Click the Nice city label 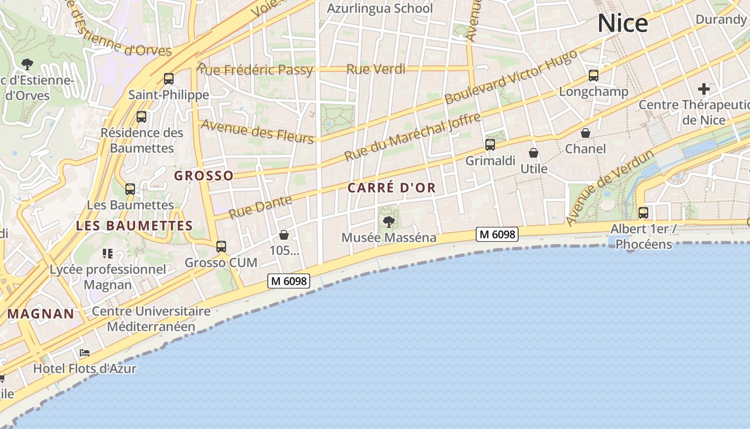click(x=622, y=23)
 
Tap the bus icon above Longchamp click(x=594, y=76)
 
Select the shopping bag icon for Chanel click(x=586, y=132)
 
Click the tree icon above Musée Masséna click(x=389, y=221)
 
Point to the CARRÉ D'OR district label click(x=392, y=188)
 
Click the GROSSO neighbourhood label click(x=204, y=176)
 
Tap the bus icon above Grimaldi click(x=490, y=144)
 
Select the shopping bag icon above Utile click(x=534, y=153)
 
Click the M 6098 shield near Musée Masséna click(x=497, y=234)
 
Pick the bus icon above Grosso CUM click(x=221, y=247)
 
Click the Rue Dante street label click(x=260, y=207)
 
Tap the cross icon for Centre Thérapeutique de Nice click(x=704, y=88)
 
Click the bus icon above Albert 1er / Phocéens click(x=643, y=213)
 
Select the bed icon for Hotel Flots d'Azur click(x=85, y=353)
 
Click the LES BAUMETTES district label click(x=134, y=226)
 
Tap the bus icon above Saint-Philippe click(x=169, y=79)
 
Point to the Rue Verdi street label click(x=376, y=69)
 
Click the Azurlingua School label click(x=380, y=9)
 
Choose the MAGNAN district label click(x=41, y=314)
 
